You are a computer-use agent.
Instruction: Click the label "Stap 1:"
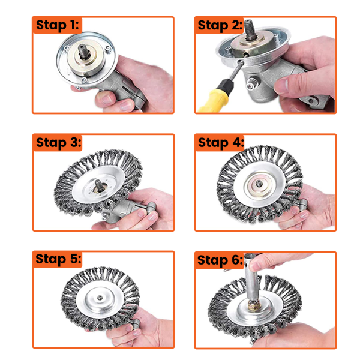click(58, 25)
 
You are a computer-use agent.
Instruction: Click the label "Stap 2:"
click(220, 25)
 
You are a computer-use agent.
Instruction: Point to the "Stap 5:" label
click(58, 259)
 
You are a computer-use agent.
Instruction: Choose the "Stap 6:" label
click(220, 260)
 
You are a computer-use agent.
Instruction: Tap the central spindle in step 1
click(82, 52)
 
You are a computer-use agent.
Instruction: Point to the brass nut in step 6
click(253, 307)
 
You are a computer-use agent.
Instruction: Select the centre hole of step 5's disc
click(100, 298)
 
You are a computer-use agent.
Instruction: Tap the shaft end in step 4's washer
click(259, 184)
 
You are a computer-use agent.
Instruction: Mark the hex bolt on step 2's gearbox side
click(251, 85)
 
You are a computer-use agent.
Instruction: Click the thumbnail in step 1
click(107, 99)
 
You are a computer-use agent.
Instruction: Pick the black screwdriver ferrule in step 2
click(226, 85)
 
